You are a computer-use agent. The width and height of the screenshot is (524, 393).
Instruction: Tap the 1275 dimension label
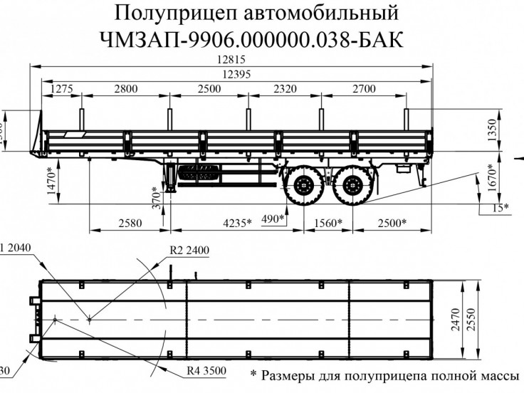coord(62,88)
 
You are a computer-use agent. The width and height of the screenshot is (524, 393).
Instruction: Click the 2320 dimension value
coord(283,88)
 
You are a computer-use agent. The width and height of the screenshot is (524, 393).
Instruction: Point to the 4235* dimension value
coord(236,223)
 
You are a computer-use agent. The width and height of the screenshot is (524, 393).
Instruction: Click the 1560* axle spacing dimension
coord(328,223)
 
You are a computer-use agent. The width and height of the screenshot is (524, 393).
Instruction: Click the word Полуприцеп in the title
coord(172,13)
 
